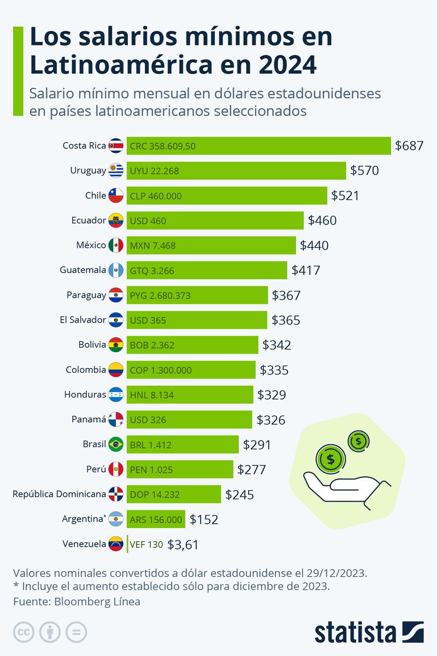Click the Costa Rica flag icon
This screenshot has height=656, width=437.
[116, 146]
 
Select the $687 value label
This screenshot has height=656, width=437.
[409, 146]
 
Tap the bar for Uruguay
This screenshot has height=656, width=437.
[236, 171]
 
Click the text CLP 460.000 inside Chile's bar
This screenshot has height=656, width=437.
[156, 196]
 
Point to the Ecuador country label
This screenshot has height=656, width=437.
[88, 220]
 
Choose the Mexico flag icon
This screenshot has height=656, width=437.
[116, 245]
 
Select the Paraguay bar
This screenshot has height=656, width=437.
[197, 295]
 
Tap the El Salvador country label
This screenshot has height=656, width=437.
[83, 320]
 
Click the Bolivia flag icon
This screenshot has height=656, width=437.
[116, 345]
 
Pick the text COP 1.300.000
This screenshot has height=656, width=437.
[161, 370]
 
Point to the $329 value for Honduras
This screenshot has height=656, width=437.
[271, 395]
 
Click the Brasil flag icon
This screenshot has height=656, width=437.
[116, 444]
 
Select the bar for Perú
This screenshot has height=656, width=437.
[180, 469]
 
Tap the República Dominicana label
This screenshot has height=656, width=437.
[59, 494]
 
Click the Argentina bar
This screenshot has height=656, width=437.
[156, 519]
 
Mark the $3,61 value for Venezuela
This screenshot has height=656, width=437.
[182, 544]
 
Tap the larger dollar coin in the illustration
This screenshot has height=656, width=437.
[330, 459]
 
